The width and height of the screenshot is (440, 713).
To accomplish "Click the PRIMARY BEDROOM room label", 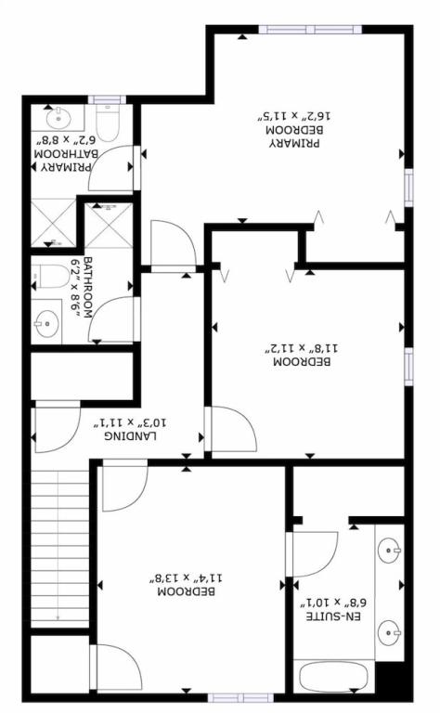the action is pos(294,136).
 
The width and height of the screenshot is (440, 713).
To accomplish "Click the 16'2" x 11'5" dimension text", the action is pos(294,115).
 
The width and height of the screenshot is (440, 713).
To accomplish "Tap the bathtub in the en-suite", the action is pos(333,677).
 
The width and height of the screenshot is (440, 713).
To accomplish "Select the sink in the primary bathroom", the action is pos(58,119).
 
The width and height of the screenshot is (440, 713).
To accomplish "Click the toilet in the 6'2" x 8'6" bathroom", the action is pos(50,277).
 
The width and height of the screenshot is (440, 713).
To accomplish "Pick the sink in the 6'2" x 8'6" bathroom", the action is pos(46,323).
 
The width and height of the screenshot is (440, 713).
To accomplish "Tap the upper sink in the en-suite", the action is pos(390,551).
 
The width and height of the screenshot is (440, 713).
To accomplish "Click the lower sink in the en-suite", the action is pos(390,633).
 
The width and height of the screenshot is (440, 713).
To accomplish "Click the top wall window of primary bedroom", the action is pos(310,30).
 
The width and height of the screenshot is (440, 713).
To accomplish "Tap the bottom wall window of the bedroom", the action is pos(241,697).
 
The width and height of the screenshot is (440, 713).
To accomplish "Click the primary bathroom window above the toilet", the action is pos(107,99).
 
